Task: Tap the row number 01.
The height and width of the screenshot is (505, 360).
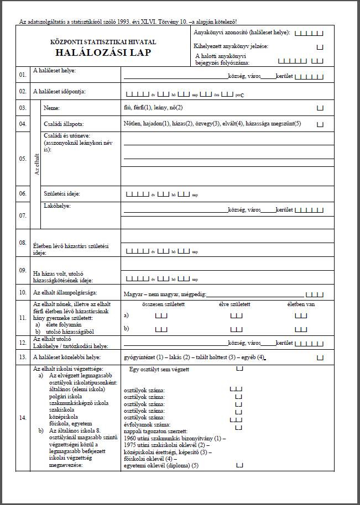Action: click(x=22, y=74)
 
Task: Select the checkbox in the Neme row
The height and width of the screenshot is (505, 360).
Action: click(x=320, y=108)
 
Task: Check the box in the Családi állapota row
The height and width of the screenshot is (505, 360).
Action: click(x=320, y=124)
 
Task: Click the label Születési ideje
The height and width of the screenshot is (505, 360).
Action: click(x=61, y=194)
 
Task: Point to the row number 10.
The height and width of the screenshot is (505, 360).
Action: click(x=22, y=292)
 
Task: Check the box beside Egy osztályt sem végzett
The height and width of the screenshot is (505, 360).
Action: click(x=239, y=369)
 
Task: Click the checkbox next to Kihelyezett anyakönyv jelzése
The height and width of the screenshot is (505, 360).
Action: click(x=320, y=47)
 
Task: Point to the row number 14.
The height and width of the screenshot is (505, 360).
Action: click(x=22, y=418)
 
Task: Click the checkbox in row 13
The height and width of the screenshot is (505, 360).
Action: click(x=320, y=358)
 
